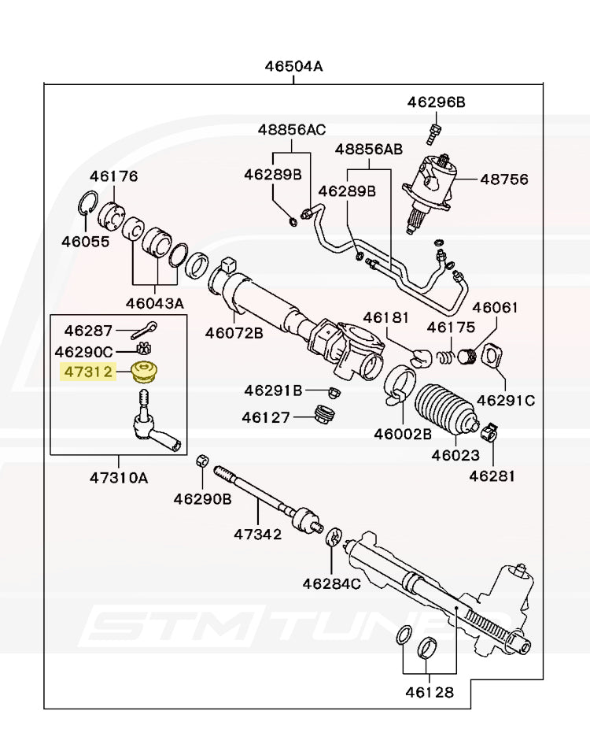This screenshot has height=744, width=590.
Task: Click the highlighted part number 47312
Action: pos(88,371)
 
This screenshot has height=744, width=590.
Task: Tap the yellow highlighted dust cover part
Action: pos(143,372)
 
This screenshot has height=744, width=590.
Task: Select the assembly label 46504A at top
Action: pos(293,67)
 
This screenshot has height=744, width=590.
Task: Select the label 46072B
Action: pos(234,332)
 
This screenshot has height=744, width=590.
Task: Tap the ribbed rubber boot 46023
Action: pos(444,409)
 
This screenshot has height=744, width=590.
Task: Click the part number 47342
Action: pos(257,535)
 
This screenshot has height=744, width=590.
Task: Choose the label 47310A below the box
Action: pos(118,478)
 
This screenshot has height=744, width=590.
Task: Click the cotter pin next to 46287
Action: pos(143,330)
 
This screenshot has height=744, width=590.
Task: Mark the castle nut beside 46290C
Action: pos(142,349)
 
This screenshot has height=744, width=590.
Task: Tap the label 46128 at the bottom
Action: pos(429,693)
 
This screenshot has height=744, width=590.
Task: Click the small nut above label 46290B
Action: pos(201,461)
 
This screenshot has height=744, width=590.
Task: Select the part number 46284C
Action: pos(331,583)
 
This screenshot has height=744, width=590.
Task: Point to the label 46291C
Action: pos(506,400)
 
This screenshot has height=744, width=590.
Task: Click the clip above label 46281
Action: pos(489,431)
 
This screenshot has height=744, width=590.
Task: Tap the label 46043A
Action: pos(155,303)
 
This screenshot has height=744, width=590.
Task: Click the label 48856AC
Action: pos(292,129)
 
